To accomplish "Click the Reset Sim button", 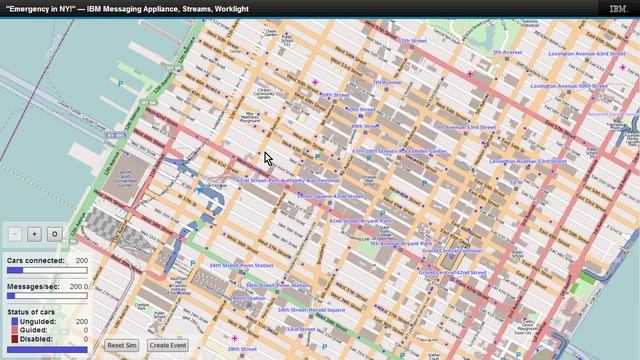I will (122, 345).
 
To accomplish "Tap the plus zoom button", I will (35, 233).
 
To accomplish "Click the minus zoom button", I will (15, 233).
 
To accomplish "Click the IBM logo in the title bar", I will (618, 8).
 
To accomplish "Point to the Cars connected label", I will (35, 260).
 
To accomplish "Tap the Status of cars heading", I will (32, 313).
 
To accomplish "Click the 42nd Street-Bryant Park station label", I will (354, 219).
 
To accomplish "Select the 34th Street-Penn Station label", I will (240, 265).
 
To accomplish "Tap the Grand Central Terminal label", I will (451, 250).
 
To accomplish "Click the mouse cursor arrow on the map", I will (268, 158).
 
